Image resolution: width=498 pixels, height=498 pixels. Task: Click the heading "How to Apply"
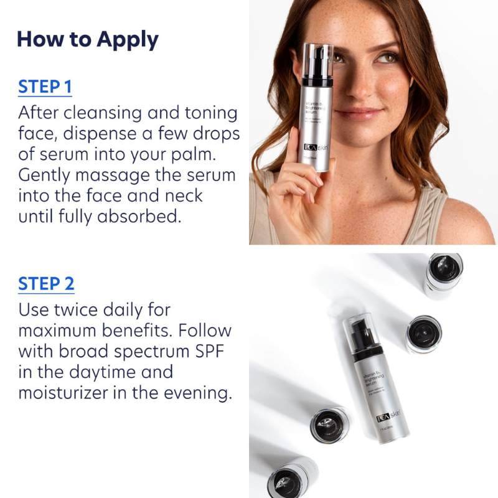tap(88, 39)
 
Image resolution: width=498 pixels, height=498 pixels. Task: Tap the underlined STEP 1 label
tap(45, 87)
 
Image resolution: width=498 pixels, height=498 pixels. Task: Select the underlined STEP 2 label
tap(46, 284)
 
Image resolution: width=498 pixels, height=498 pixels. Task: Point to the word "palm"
tap(210, 154)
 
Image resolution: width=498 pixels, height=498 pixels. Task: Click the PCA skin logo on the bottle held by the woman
tap(318, 149)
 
